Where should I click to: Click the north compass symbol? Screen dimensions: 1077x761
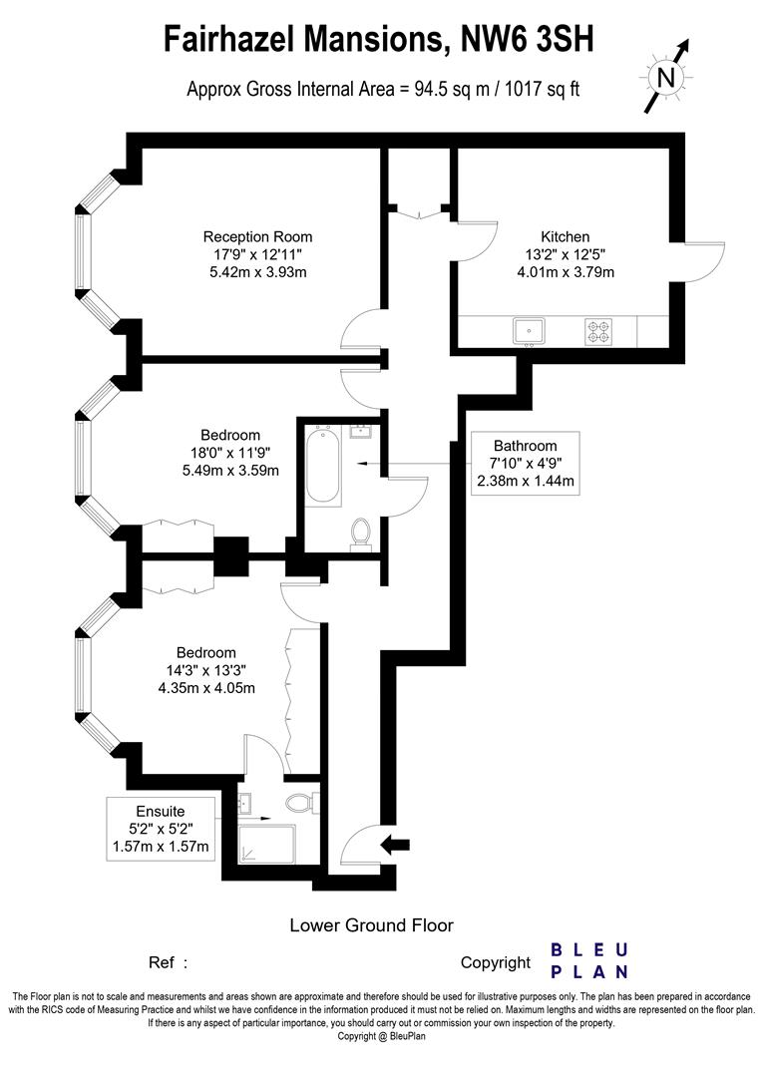(667, 76)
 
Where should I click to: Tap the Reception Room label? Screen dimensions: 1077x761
(257, 237)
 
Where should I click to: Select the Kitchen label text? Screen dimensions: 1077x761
(565, 237)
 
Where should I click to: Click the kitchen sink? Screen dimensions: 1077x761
(529, 330)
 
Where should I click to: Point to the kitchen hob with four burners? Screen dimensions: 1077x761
(597, 330)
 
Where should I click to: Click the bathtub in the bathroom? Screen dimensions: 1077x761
(321, 466)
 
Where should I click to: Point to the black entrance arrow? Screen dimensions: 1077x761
(396, 845)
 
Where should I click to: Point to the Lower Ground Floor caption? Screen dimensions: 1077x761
(371, 924)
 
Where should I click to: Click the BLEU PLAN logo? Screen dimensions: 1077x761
(589, 960)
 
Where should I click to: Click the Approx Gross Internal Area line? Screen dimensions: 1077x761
(383, 89)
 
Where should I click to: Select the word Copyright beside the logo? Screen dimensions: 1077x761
(496, 962)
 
